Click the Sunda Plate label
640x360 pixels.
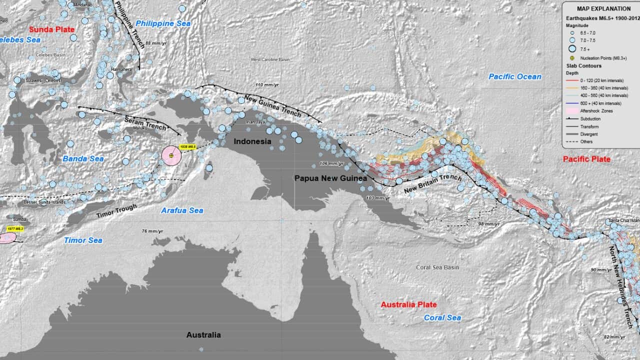pos(51,29)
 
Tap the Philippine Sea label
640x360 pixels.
pos(162,23)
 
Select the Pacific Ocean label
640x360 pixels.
pos(514,76)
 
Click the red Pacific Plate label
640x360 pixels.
pos(586,159)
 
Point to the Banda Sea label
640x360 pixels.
pos(83,159)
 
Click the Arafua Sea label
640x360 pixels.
pos(182,210)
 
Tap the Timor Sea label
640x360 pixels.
pos(83,240)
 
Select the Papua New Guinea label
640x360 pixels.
pos(330,178)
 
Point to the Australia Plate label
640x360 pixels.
pos(408,304)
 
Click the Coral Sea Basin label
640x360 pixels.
pos(437,267)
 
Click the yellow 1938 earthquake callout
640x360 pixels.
pos(187,147)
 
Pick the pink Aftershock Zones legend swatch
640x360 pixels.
pos(572,110)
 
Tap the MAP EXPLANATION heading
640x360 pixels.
pos(603,8)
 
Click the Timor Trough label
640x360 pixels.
pos(116,211)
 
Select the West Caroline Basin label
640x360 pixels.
pos(270,59)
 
